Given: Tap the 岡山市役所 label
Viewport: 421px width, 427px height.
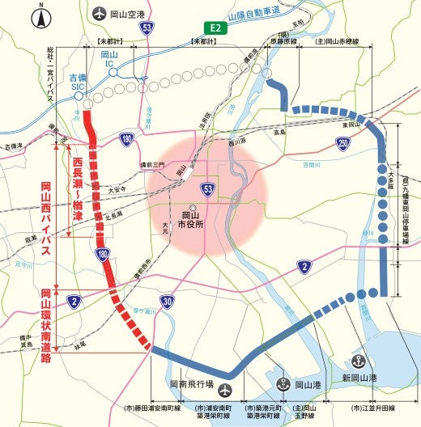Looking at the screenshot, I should (x=192, y=220).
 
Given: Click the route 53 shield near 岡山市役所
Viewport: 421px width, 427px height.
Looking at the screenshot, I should (x=208, y=188).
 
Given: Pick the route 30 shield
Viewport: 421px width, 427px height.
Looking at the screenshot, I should (x=168, y=302).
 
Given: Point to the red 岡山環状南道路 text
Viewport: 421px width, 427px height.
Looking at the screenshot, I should (x=47, y=326).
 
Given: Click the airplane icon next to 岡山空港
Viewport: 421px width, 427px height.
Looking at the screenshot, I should (x=100, y=14).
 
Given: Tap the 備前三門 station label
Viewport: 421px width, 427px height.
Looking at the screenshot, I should (x=150, y=164).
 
